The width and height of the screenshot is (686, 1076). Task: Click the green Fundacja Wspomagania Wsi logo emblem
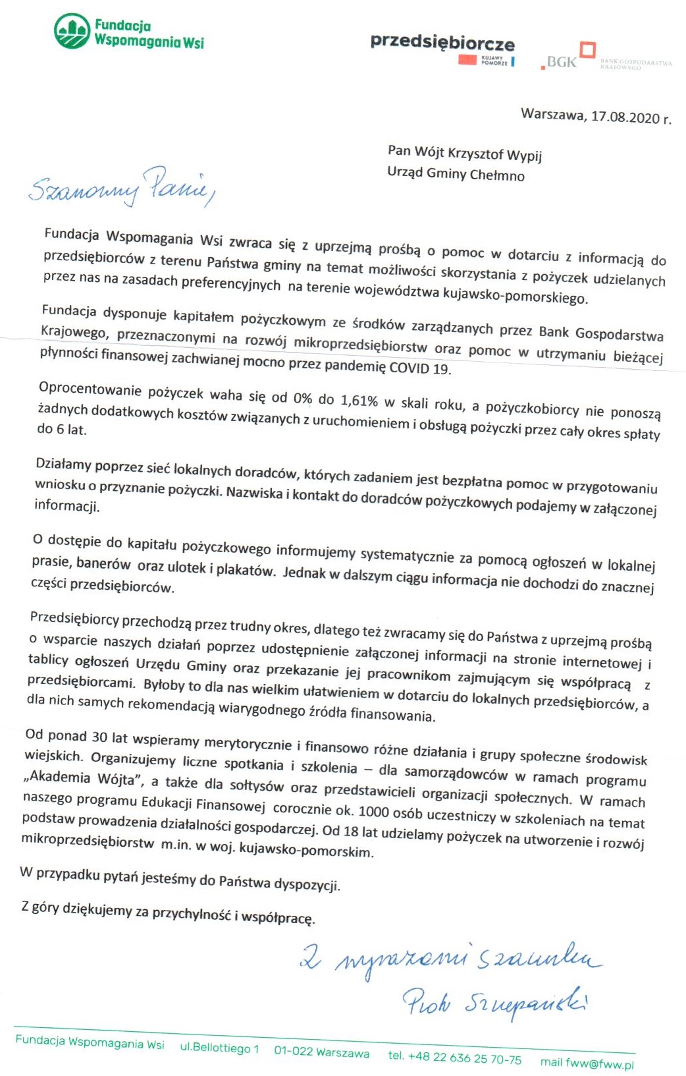click(x=72, y=32)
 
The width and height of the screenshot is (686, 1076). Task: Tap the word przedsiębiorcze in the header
click(x=442, y=43)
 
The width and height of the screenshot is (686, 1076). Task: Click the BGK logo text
click(x=562, y=62)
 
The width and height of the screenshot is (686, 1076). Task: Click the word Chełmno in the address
click(x=498, y=175)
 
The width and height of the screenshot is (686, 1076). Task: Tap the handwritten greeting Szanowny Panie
click(x=122, y=186)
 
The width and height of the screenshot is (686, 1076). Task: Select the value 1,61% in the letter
click(x=359, y=400)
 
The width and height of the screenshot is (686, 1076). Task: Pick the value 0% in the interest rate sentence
click(x=302, y=397)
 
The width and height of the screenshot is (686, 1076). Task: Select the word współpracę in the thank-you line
click(x=278, y=917)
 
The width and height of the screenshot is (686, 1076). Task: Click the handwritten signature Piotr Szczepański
click(x=494, y=1003)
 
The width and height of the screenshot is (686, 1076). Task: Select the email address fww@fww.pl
click(x=600, y=1063)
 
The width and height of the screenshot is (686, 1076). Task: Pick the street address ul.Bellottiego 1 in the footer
click(x=219, y=1048)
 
